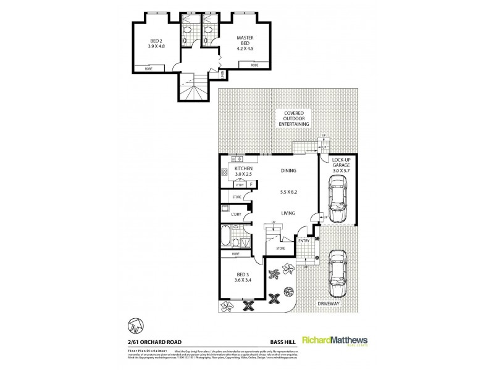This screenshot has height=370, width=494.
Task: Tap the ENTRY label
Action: [x=304, y=240]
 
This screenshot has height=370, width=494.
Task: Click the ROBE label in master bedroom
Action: [x=254, y=64]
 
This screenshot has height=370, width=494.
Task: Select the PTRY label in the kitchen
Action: [x=240, y=185]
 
